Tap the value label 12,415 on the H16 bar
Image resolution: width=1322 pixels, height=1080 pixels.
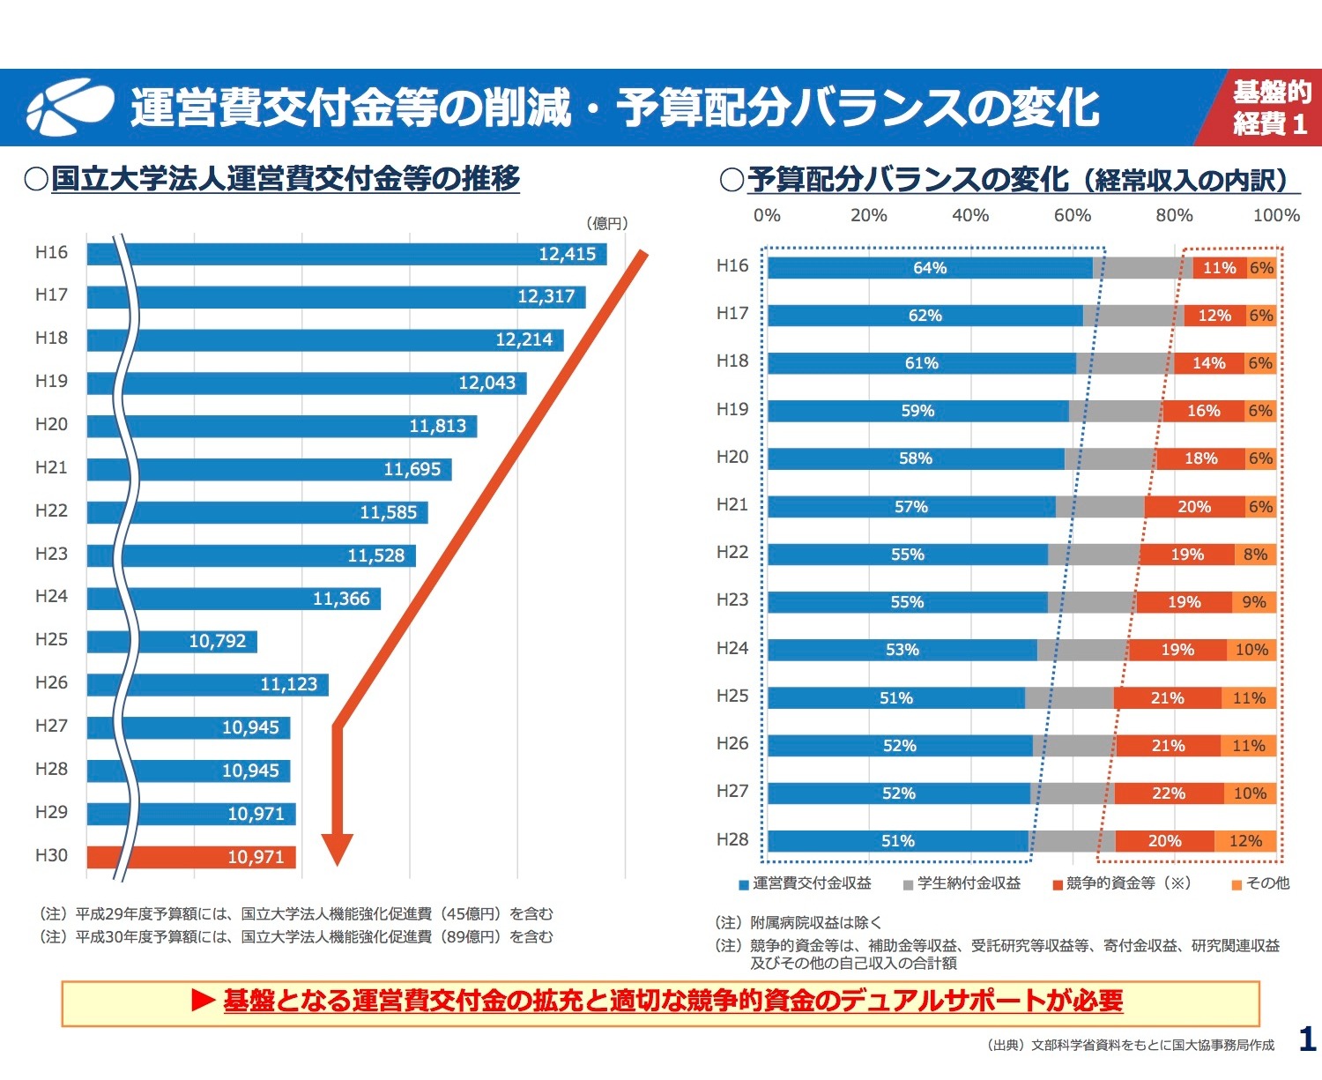point(567,254)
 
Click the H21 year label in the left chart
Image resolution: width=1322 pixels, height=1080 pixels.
point(51,467)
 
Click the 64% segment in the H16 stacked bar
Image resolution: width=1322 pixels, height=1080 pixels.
point(930,268)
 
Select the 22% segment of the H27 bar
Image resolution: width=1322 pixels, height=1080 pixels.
point(1169,793)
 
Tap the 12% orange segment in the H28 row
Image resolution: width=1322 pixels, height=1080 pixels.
point(1245,841)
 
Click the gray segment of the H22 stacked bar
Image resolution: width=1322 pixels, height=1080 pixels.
point(1094,555)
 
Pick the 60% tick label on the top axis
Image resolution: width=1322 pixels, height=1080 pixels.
point(1073,215)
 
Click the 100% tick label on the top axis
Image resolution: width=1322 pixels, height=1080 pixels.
point(1275,215)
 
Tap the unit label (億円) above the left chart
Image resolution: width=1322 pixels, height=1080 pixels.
point(607,223)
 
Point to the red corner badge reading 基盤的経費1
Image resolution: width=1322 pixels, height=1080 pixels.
point(1267,108)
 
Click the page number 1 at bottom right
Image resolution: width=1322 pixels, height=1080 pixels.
point(1307,1039)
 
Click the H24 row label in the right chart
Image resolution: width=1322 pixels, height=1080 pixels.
point(732,648)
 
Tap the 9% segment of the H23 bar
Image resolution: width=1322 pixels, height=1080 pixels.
point(1253,602)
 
